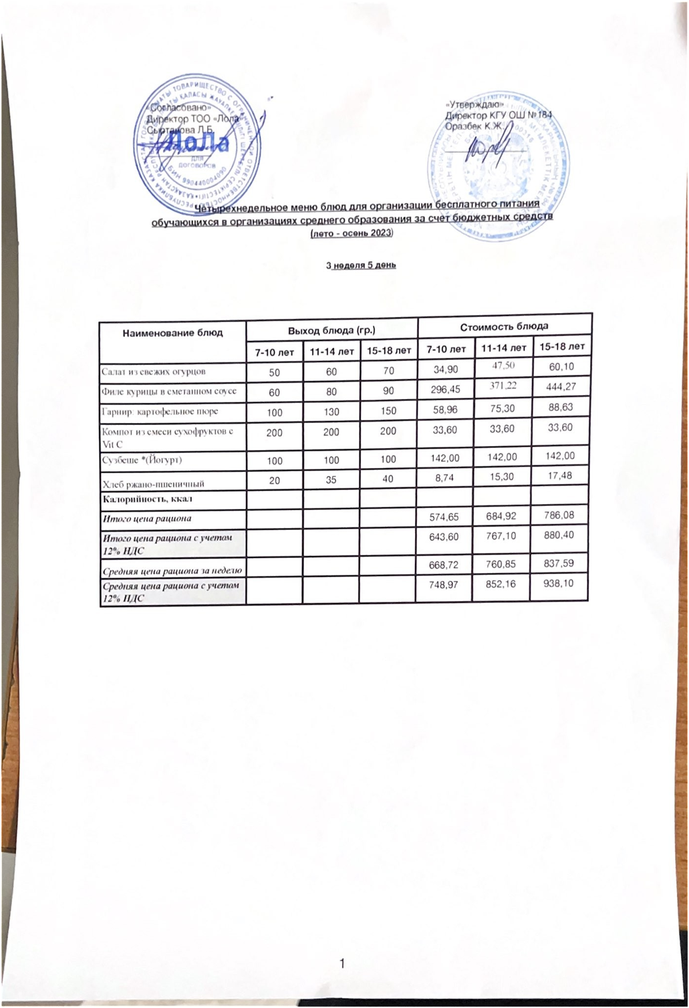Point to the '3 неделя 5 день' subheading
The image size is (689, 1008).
[361, 265]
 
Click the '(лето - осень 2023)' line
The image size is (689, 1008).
[352, 233]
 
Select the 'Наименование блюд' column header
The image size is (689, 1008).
[172, 333]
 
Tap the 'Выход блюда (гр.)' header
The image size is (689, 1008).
[331, 330]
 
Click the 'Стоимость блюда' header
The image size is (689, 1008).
[505, 326]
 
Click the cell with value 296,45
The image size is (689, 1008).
[445, 389]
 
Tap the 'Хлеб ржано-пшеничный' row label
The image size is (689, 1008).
[152, 483]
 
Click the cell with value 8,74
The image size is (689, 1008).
[445, 478]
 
